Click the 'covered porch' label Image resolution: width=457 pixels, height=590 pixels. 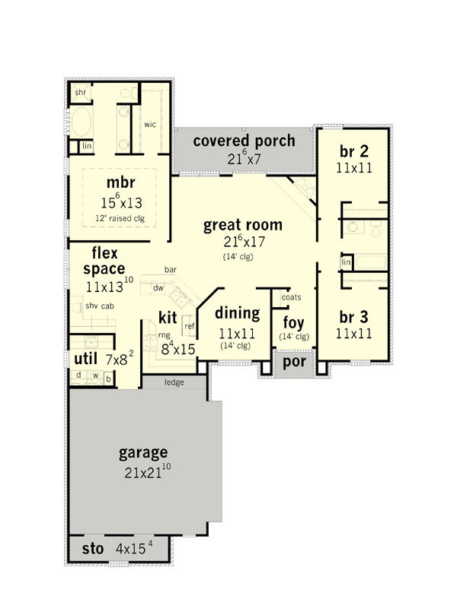click(244, 141)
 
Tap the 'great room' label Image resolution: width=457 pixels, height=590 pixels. click(243, 225)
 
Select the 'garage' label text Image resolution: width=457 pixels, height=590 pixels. click(143, 452)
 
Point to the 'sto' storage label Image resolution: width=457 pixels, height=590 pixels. click(93, 549)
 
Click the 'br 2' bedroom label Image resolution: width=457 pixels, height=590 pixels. click(353, 151)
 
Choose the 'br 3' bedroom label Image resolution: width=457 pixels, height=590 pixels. click(353, 317)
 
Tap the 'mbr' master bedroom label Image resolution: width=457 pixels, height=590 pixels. click(120, 182)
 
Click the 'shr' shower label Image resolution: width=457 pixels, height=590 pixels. click(80, 92)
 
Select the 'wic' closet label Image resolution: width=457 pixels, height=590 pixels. click(150, 124)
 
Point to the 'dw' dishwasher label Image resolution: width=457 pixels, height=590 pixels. click(158, 288)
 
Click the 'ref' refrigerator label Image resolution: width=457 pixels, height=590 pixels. click(190, 326)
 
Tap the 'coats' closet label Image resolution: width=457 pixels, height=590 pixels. click(292, 297)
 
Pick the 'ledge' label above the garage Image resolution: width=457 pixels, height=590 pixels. click(174, 382)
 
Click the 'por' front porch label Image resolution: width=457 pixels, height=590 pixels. click(294, 362)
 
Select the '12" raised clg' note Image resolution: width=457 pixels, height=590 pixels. click(120, 218)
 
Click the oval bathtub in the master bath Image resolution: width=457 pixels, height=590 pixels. click(81, 122)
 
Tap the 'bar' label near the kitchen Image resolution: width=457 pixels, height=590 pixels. click(171, 270)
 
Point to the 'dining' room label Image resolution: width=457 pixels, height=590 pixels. click(238, 313)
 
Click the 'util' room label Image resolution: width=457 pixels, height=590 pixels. click(85, 359)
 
